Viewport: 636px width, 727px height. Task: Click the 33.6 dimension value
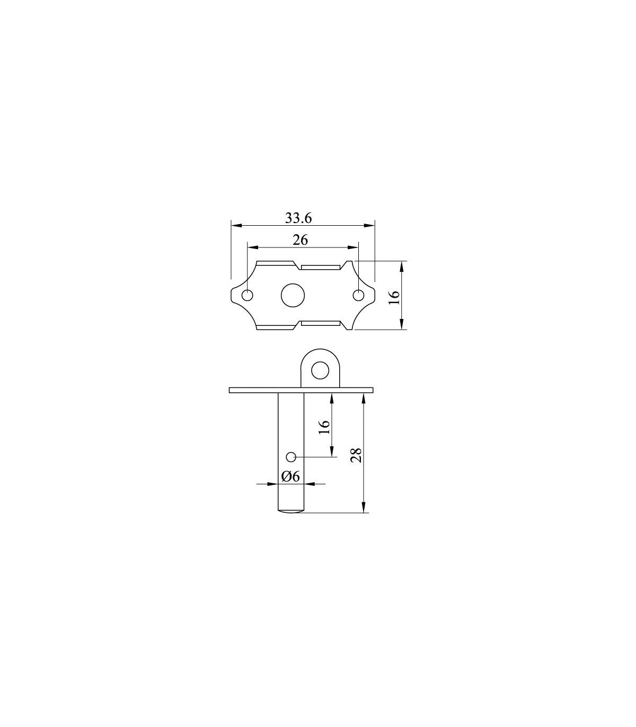pyautogui.click(x=298, y=218)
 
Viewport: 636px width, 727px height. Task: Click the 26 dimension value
pyautogui.click(x=300, y=241)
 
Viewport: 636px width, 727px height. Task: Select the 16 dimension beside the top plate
pyautogui.click(x=394, y=297)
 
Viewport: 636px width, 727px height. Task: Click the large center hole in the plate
pyautogui.click(x=293, y=295)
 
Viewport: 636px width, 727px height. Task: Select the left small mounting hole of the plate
pyautogui.click(x=248, y=295)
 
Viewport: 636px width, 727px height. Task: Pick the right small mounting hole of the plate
pyautogui.click(x=358, y=295)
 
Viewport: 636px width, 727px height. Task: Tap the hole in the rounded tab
pyautogui.click(x=320, y=370)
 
